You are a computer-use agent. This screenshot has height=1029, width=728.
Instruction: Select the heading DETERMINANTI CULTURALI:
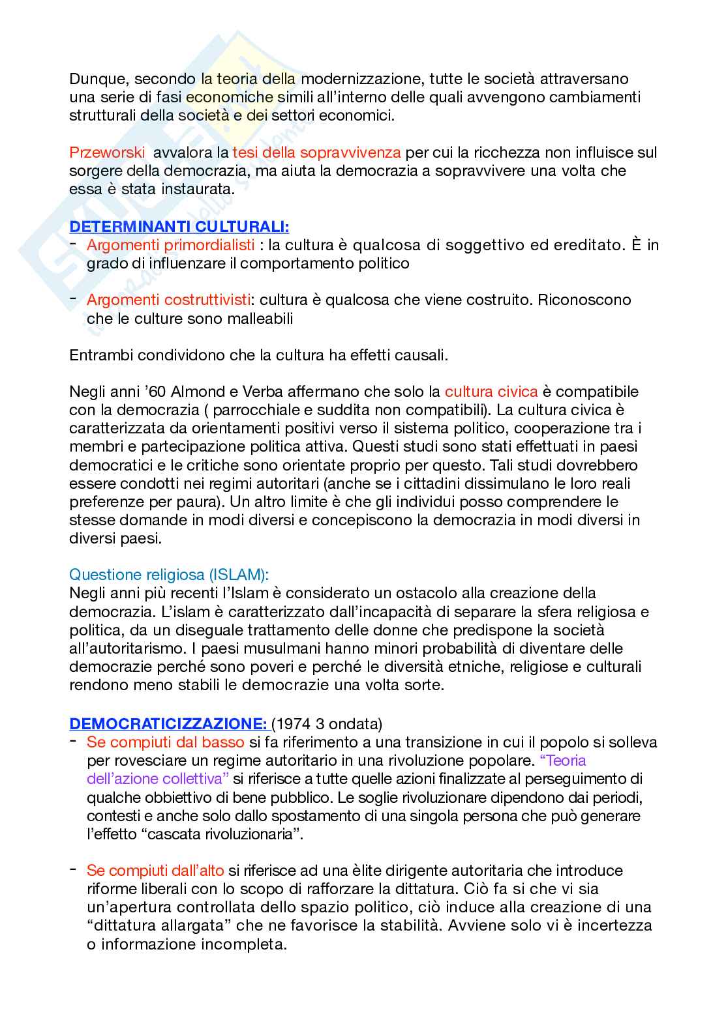(179, 227)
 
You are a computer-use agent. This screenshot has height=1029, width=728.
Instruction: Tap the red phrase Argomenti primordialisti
(171, 246)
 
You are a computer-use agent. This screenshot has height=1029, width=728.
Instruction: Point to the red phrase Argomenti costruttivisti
(169, 300)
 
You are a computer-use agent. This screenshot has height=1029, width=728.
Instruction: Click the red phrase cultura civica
(491, 392)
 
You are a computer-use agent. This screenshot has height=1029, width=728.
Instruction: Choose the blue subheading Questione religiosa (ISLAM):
(169, 575)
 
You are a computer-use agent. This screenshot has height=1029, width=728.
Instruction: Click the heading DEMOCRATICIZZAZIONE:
(168, 723)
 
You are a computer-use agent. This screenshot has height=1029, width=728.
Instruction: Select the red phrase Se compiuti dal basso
(166, 742)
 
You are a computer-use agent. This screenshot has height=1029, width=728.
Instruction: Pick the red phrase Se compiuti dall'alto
(155, 870)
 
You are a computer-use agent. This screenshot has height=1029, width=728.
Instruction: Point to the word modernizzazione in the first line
(367, 80)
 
